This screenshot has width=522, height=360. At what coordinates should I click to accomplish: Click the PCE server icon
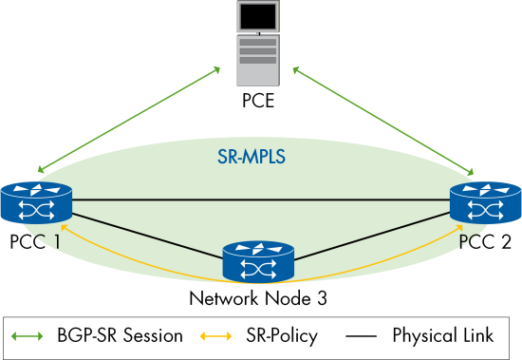[258, 44]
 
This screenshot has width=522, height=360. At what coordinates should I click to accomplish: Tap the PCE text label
[258, 100]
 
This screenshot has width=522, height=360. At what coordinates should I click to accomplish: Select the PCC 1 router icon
[37, 201]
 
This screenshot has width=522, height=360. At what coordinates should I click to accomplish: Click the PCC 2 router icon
[484, 201]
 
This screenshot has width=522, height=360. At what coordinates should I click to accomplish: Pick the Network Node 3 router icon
[258, 263]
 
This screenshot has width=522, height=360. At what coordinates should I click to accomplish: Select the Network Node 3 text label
[258, 298]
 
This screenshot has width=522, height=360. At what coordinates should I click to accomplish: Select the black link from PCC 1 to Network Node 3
[147, 232]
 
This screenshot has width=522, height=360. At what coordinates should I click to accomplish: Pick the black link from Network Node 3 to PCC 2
[370, 232]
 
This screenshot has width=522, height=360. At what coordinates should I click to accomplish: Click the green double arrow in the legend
[29, 335]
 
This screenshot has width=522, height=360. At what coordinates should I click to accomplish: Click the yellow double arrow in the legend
[220, 335]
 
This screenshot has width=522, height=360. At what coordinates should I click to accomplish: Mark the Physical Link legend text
[442, 335]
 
